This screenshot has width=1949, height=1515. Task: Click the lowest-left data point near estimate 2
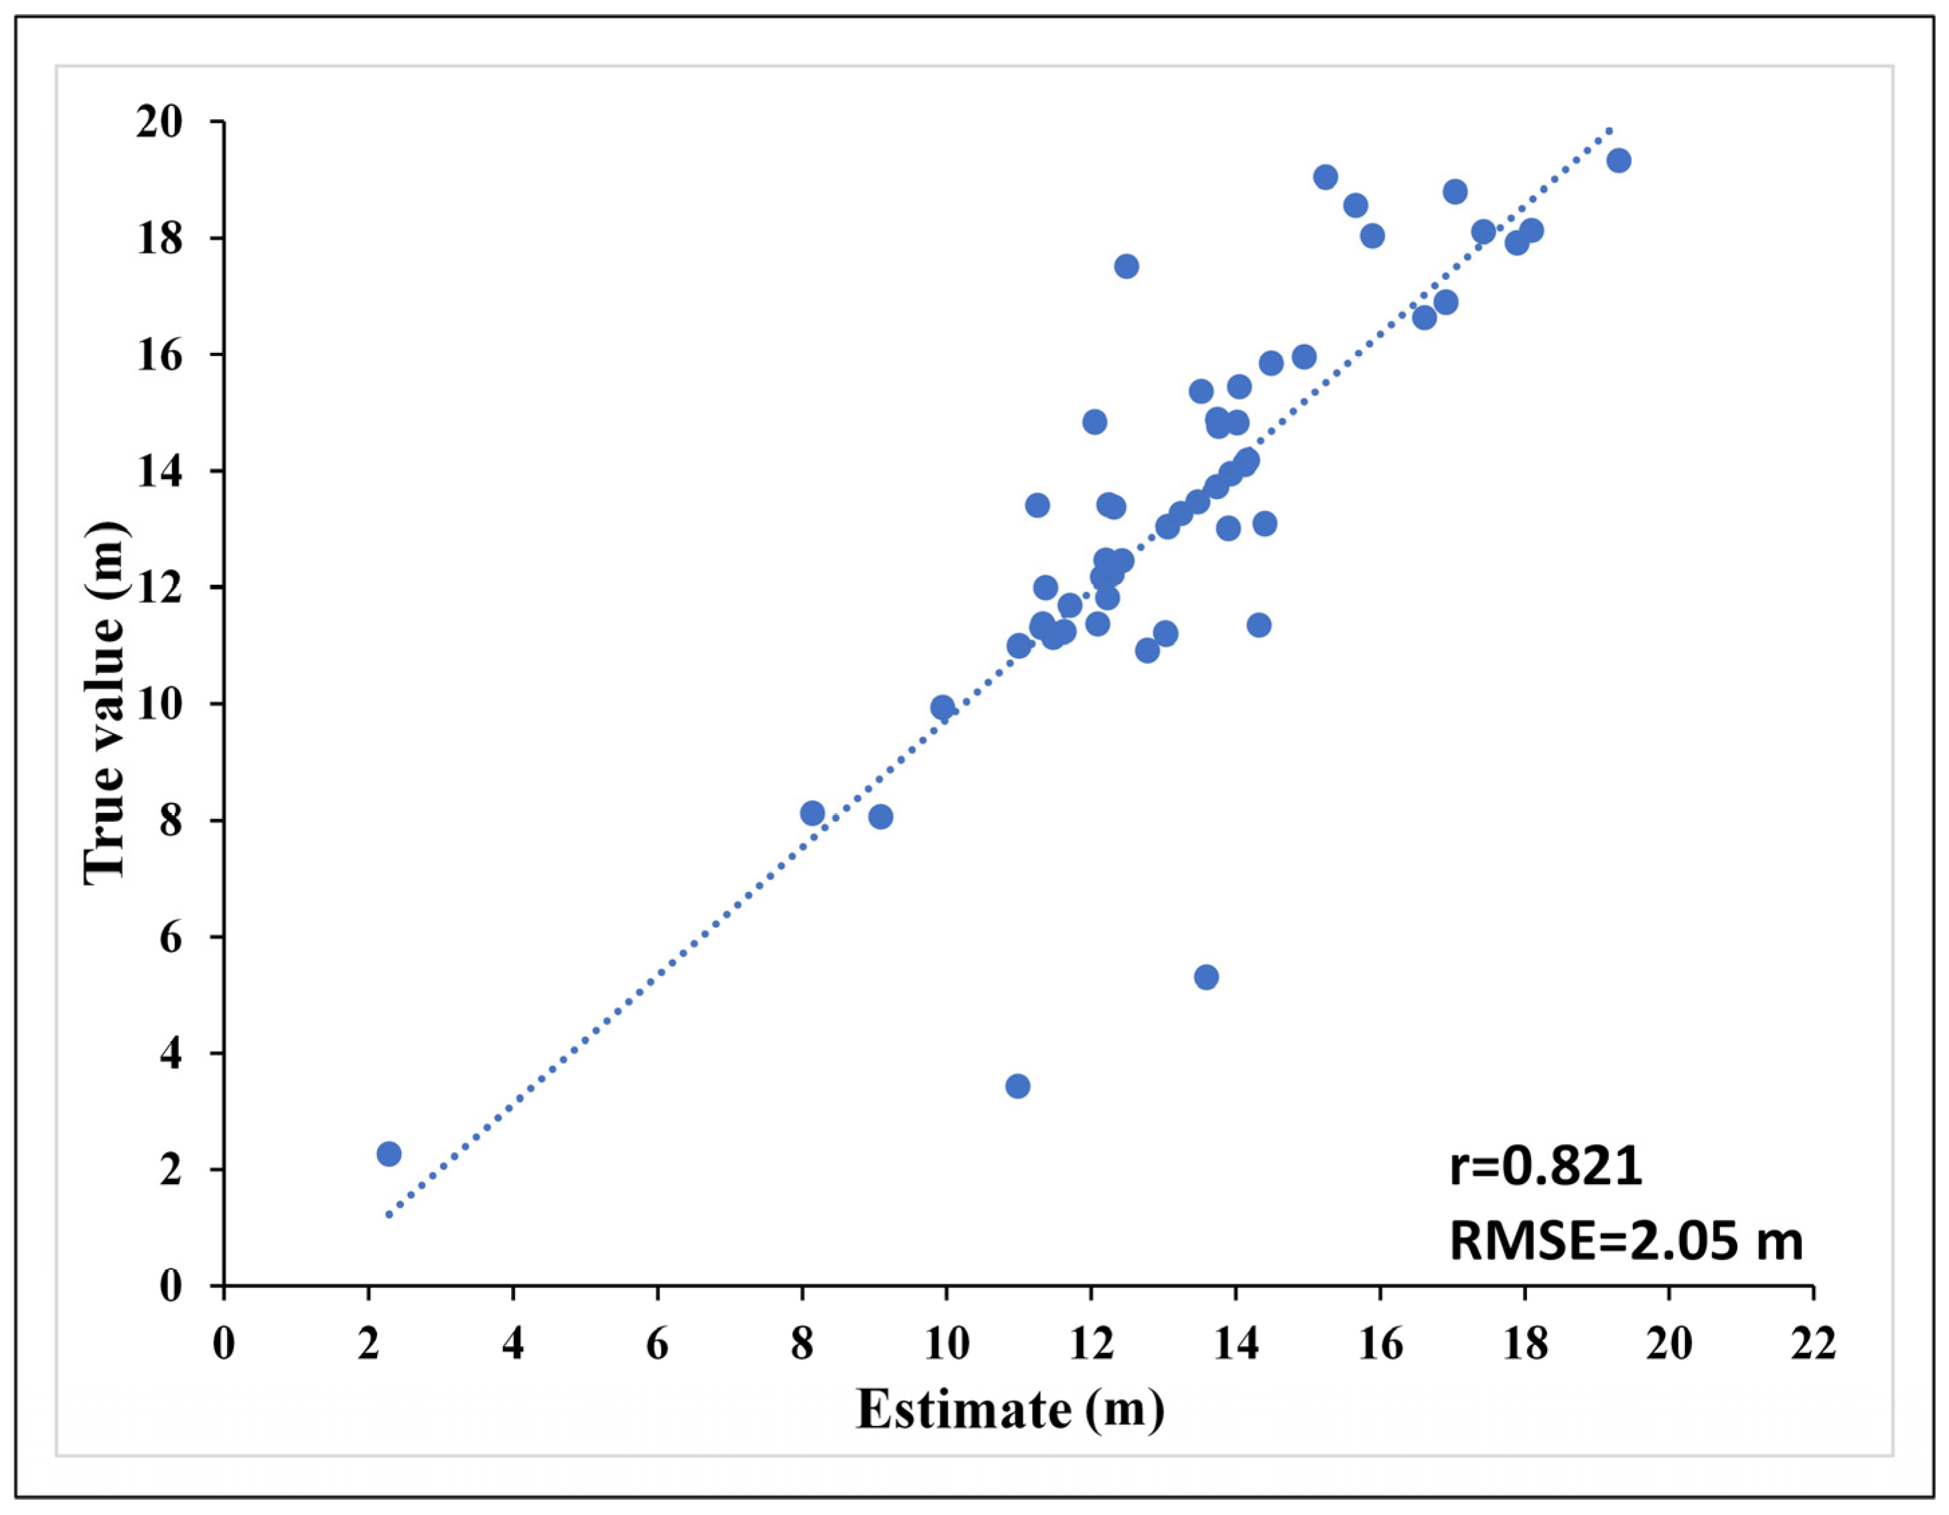[x=388, y=1153]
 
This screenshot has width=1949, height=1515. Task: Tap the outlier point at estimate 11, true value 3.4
[x=1017, y=1086]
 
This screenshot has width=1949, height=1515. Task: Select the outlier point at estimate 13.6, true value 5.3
[x=1206, y=977]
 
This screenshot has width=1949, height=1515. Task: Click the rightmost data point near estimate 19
[x=1619, y=161]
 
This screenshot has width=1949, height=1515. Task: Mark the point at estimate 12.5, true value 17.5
[x=1127, y=266]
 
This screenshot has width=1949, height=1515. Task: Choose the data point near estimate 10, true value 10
[x=942, y=707]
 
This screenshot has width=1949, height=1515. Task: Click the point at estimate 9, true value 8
[x=881, y=816]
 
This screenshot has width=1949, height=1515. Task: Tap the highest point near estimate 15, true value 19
[x=1325, y=177]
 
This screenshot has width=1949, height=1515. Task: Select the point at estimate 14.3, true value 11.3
[x=1259, y=625]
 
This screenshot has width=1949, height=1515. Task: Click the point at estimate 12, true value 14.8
[x=1094, y=422]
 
